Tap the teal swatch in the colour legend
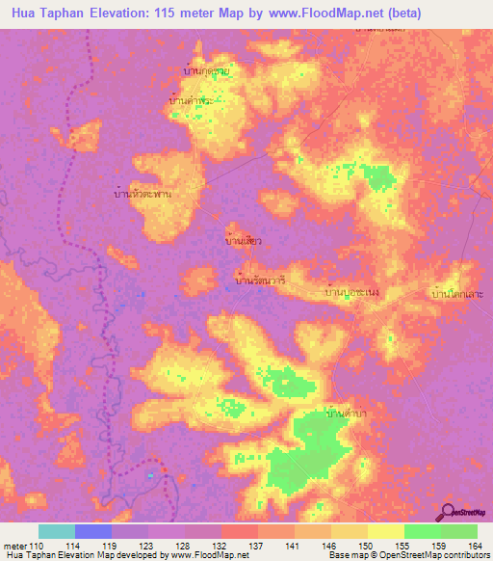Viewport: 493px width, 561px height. point(57,531)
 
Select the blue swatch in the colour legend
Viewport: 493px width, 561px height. point(93,531)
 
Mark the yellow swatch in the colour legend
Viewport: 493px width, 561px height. point(385,531)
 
